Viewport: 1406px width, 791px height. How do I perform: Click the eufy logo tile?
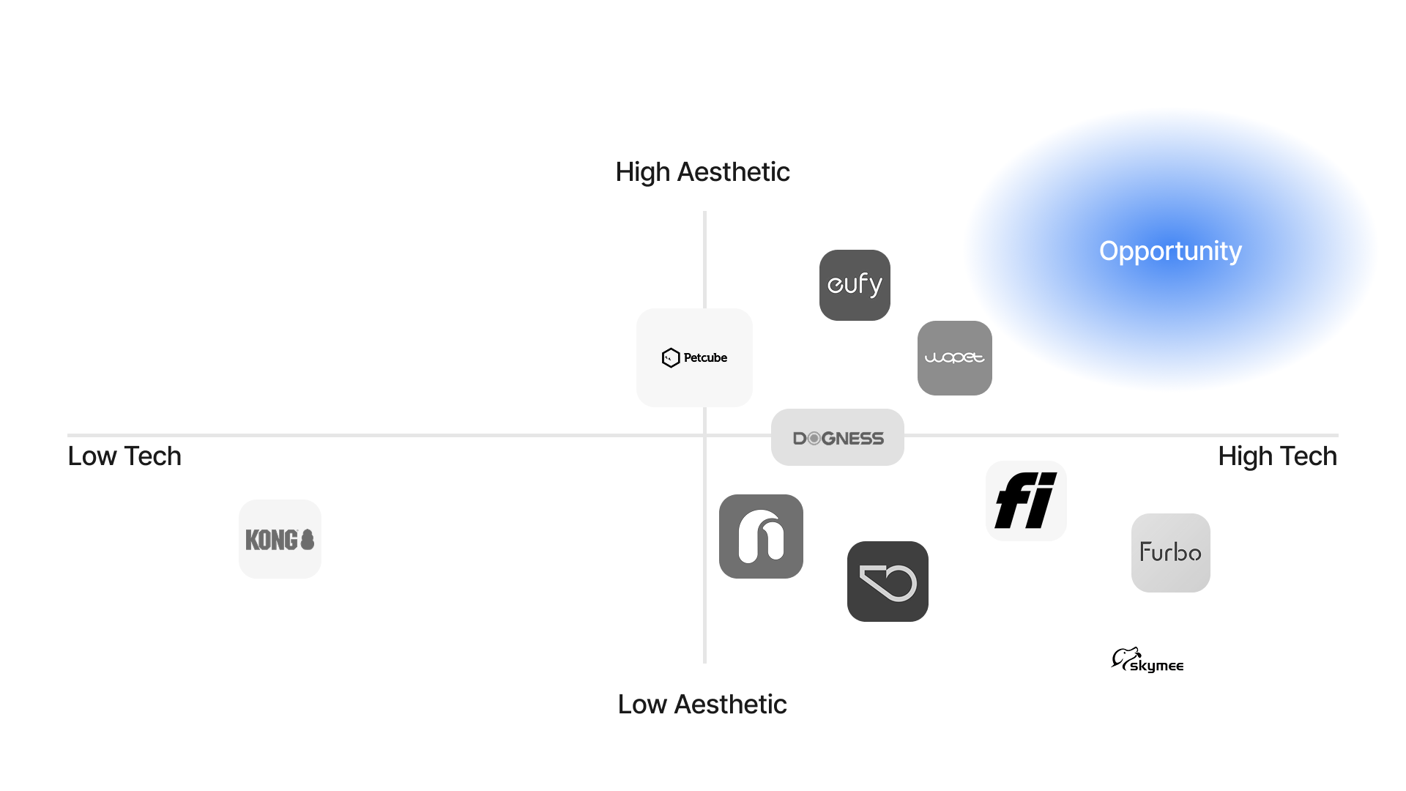click(855, 285)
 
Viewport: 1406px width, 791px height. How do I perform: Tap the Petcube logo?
click(694, 357)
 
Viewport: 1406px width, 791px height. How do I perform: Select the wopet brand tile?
click(954, 358)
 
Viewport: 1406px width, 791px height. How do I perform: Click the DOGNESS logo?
click(838, 438)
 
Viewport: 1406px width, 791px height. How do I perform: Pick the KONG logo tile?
click(280, 540)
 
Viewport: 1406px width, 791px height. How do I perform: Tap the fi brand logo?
click(1025, 501)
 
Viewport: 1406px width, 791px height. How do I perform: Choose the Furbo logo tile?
click(1170, 553)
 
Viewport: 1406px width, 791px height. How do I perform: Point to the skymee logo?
click(1148, 660)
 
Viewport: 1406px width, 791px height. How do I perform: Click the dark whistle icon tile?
click(888, 582)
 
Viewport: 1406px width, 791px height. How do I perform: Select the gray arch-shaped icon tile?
click(761, 537)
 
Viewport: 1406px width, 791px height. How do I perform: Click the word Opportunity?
click(1170, 251)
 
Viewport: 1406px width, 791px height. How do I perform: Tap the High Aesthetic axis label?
click(702, 172)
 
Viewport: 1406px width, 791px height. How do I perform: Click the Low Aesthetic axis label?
click(702, 705)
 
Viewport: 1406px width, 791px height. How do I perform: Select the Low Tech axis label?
click(124, 456)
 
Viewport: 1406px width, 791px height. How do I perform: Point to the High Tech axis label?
click(1277, 456)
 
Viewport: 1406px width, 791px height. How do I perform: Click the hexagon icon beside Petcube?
click(670, 357)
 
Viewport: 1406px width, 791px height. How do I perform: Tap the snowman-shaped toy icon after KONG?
click(308, 540)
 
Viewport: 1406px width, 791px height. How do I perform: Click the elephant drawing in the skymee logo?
click(1125, 657)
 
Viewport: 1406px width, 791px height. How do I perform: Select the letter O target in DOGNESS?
click(814, 439)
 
